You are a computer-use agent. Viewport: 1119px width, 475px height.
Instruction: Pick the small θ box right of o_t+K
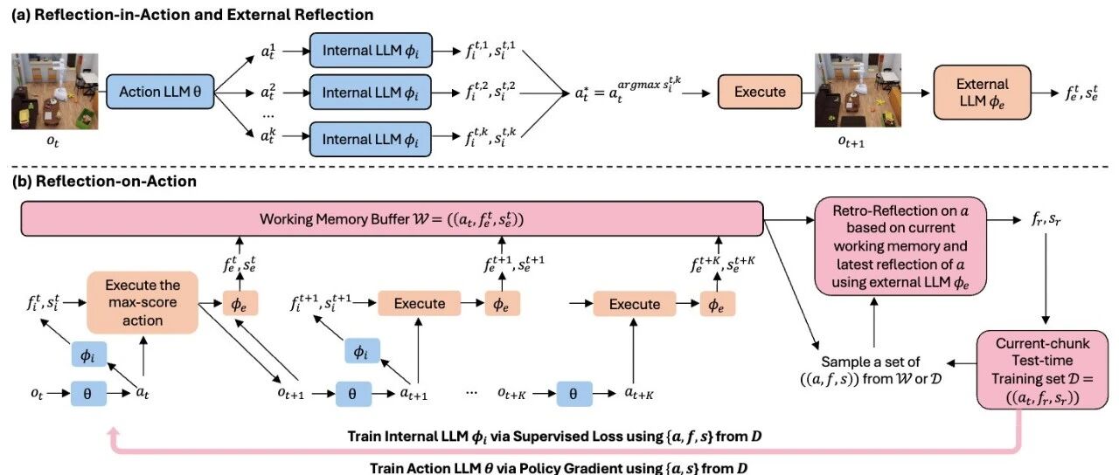(x=573, y=394)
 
